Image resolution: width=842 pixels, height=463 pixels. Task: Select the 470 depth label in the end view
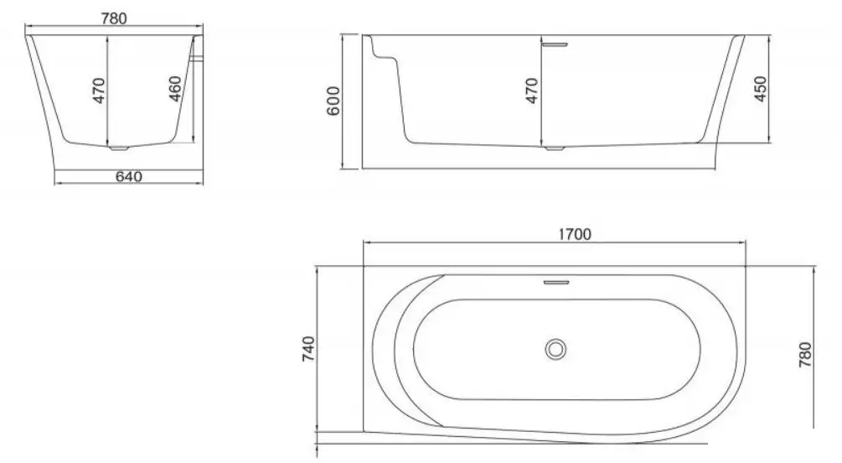pos(98,90)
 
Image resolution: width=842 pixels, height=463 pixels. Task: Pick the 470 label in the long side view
pos(531,90)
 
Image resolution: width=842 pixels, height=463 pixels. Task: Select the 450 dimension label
pos(761,90)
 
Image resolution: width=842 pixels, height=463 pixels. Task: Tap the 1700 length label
pos(575,234)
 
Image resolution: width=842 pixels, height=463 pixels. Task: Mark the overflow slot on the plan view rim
pos(555,282)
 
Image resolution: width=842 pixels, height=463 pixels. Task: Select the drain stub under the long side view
pos(553,149)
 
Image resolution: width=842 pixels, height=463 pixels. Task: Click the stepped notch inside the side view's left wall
pos(386,56)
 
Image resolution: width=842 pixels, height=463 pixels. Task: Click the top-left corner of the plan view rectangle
pos(363,267)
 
